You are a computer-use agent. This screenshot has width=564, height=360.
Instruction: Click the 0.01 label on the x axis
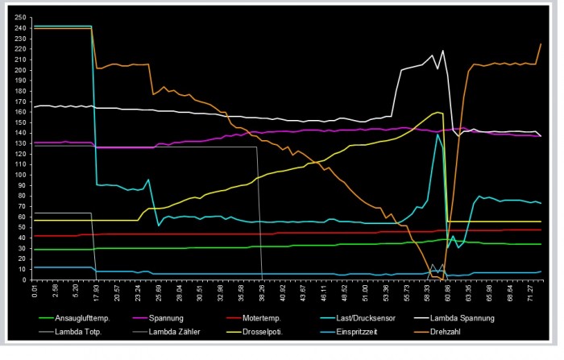(35, 290)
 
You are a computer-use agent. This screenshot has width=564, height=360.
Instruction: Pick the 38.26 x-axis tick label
(262, 290)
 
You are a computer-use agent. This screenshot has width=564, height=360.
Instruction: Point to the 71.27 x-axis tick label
(532, 290)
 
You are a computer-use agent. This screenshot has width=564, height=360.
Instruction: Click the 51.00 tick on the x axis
(366, 290)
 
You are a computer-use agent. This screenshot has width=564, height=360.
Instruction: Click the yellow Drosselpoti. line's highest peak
(439, 112)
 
